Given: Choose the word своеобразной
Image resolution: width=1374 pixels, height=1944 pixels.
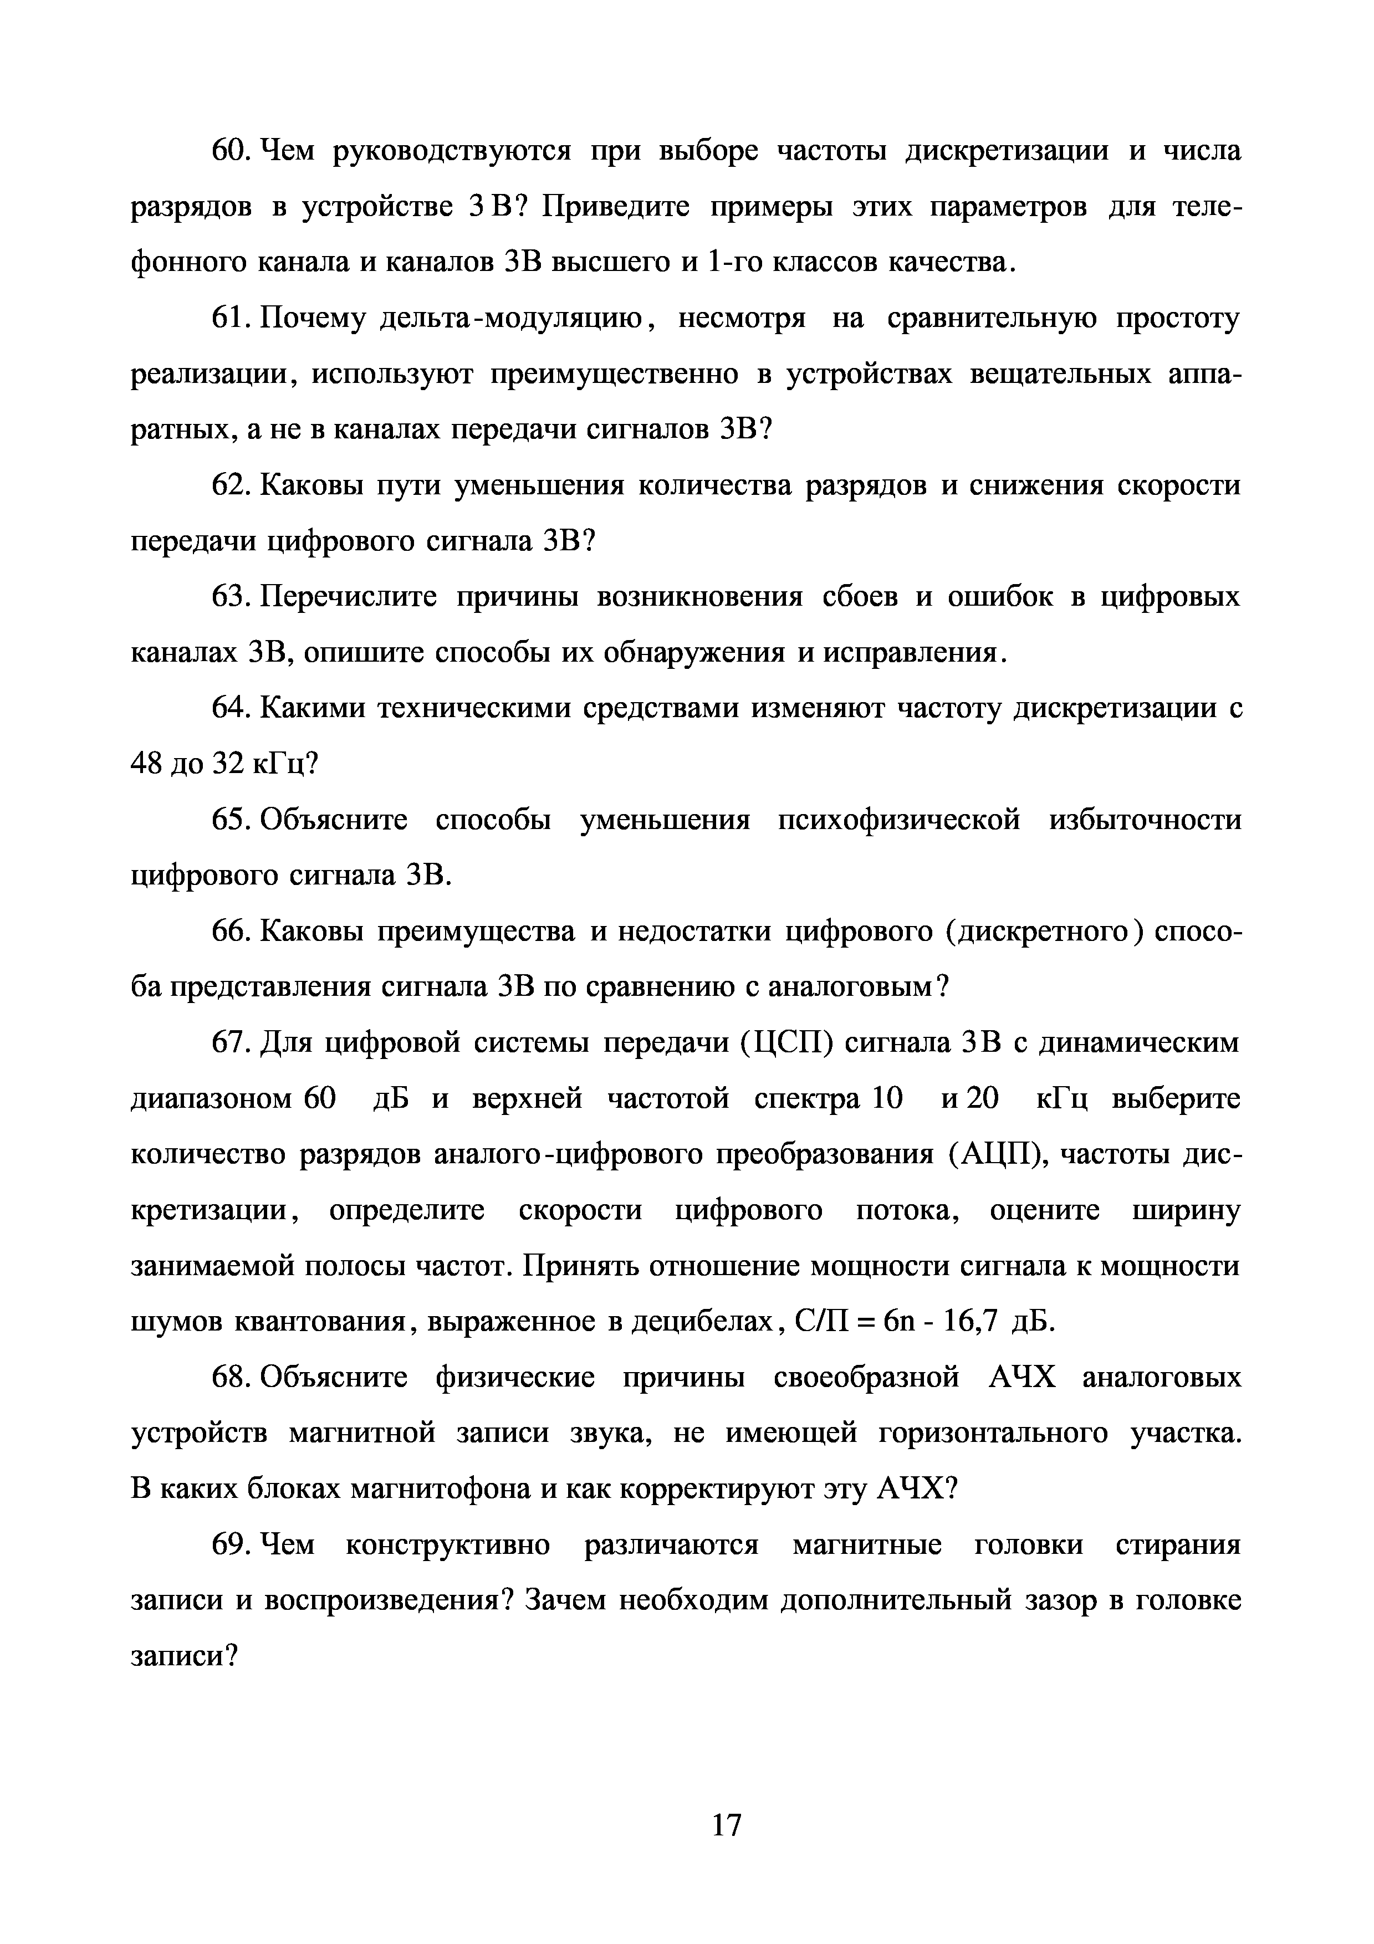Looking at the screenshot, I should coord(866,1378).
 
